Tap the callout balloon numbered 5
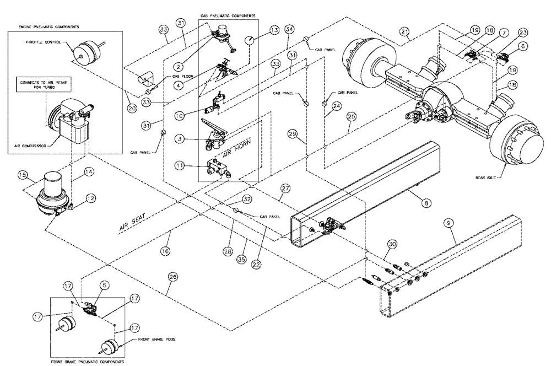104,286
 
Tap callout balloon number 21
404,34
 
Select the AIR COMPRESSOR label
34,146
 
